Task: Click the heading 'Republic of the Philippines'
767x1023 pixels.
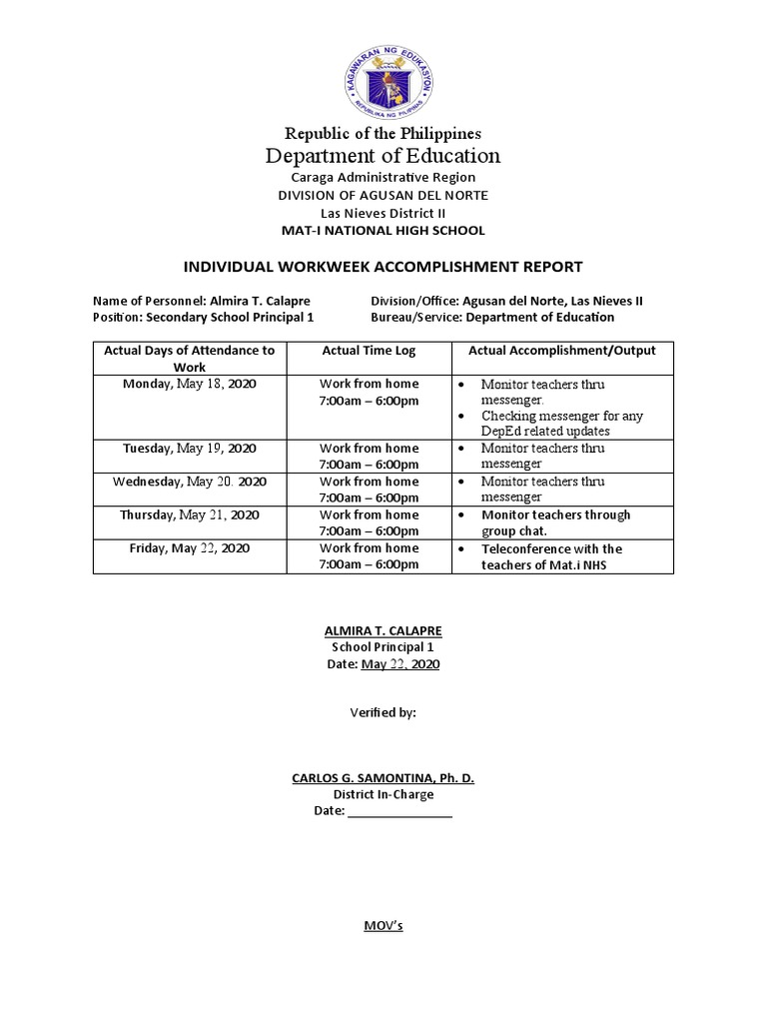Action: (383, 133)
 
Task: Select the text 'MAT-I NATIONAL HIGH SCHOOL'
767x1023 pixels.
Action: (383, 231)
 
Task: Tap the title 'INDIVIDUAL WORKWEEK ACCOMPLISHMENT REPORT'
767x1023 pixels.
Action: (383, 267)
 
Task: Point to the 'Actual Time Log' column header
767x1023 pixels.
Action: (369, 351)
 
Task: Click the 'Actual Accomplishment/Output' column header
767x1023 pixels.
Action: (562, 351)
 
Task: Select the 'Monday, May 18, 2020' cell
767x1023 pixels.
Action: (189, 384)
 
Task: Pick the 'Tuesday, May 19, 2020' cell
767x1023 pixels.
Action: (189, 449)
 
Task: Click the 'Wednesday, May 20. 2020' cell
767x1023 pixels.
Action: (189, 482)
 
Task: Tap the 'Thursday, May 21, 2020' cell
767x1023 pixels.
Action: (189, 514)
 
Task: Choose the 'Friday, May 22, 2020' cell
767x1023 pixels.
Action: (189, 548)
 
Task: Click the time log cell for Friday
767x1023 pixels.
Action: (369, 556)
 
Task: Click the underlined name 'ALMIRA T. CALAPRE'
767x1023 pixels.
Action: (383, 631)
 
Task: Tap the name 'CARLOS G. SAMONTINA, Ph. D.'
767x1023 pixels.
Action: (383, 778)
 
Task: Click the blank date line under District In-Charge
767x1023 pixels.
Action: (399, 812)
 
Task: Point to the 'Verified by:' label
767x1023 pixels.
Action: (383, 713)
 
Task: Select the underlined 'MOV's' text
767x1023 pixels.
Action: (383, 926)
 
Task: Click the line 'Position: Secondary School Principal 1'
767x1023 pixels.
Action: (204, 317)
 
